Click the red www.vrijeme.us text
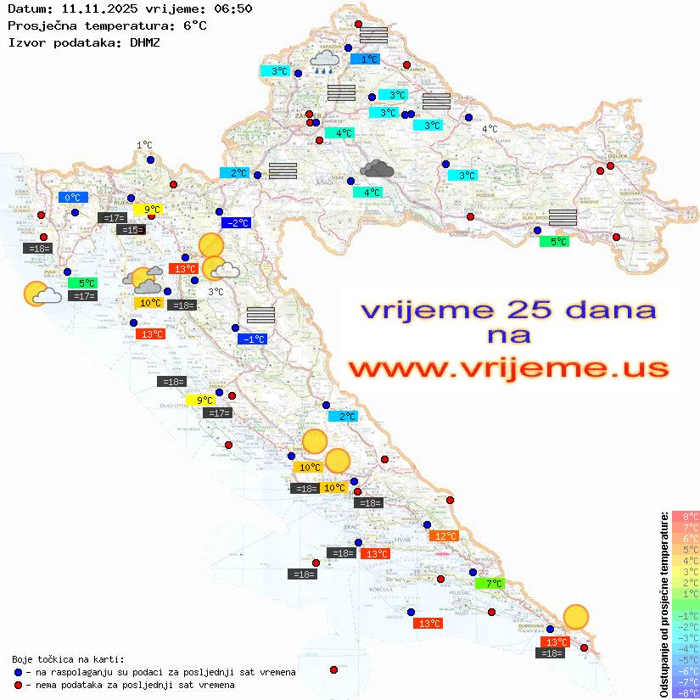[507, 368]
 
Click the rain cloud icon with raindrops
[323, 61]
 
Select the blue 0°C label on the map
[73, 198]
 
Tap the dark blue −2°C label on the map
[236, 223]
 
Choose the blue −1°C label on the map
[253, 339]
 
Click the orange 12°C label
[445, 535]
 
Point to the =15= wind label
[131, 230]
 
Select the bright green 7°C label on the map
[490, 583]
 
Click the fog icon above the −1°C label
[260, 315]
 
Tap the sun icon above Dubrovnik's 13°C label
[576, 617]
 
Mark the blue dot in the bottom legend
[18, 672]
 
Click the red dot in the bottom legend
[18, 685]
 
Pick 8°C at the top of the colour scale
[686, 517]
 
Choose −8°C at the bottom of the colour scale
[686, 693]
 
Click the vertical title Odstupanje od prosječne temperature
[664, 605]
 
